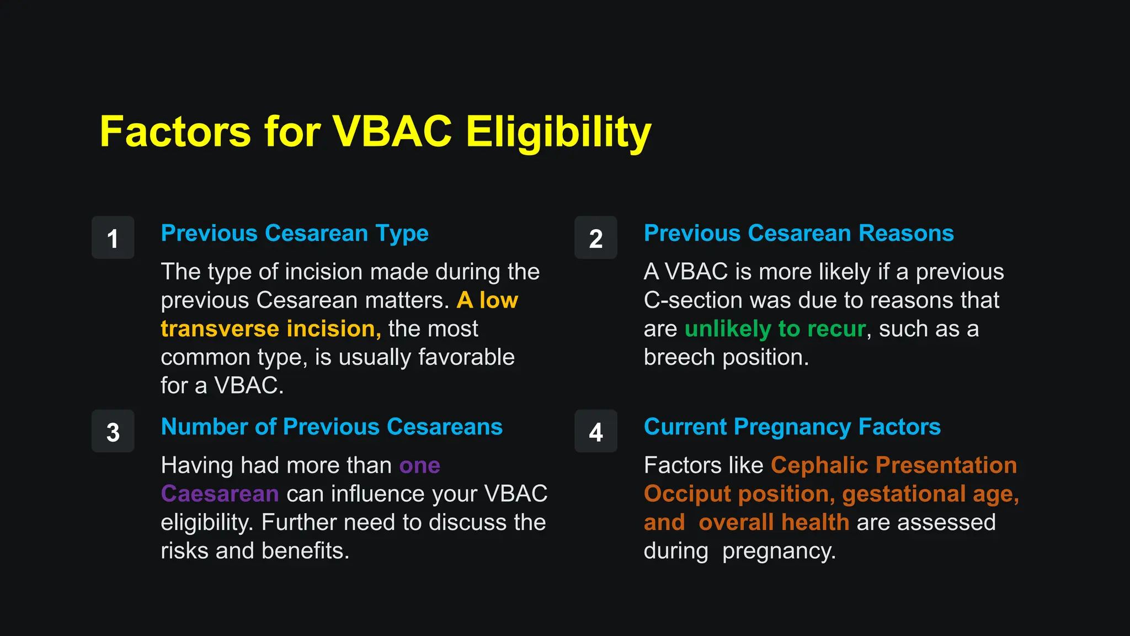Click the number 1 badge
[x=113, y=238]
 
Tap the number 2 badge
[x=595, y=238]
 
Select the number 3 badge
[x=113, y=432]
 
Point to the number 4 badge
[x=595, y=432]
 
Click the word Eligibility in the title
[x=558, y=132]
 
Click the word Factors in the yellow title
[x=175, y=132]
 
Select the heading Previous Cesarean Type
[x=295, y=234]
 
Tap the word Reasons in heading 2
[x=906, y=234]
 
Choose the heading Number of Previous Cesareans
[x=332, y=427]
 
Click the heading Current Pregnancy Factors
[x=792, y=427]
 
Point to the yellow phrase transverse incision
[x=270, y=329]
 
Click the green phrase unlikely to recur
[x=775, y=329]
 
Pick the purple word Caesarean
[x=220, y=494]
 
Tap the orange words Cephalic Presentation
[x=893, y=465]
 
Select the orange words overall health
[x=774, y=523]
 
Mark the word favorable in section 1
[x=466, y=358]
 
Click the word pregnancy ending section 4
[x=779, y=552]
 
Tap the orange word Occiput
[x=687, y=494]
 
